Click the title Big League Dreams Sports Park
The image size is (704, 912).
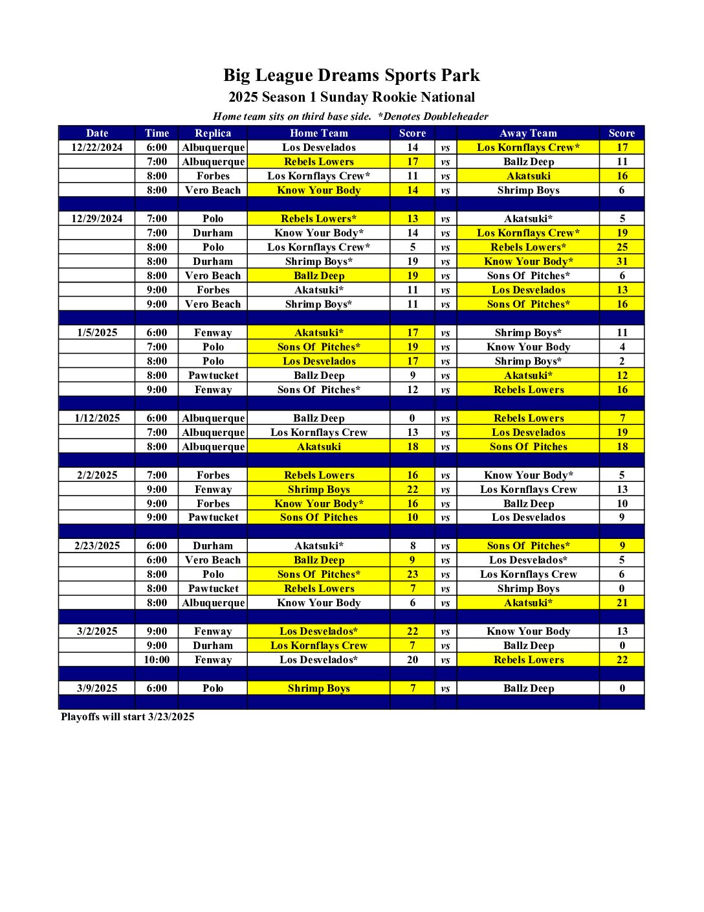(351, 75)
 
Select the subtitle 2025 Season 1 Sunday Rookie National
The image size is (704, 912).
(351, 97)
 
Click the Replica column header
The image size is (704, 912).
(213, 133)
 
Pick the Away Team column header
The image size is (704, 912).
(528, 133)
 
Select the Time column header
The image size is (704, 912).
(157, 133)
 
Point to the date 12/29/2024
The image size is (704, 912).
(97, 218)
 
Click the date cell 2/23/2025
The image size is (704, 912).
(97, 545)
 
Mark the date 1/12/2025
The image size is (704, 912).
(97, 418)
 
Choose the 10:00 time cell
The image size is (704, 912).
(157, 659)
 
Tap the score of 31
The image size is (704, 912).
(622, 261)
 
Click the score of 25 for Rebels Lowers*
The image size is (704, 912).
(622, 247)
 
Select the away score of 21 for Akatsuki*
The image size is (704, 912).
(622, 602)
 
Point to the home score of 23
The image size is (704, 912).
(412, 574)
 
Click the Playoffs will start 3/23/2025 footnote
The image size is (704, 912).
(127, 716)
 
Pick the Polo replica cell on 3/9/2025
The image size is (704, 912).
(213, 688)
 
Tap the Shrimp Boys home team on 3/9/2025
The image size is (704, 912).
(319, 688)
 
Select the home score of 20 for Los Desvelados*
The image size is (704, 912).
(412, 659)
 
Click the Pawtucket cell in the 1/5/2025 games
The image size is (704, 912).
(213, 375)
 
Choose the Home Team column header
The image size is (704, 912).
(319, 133)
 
